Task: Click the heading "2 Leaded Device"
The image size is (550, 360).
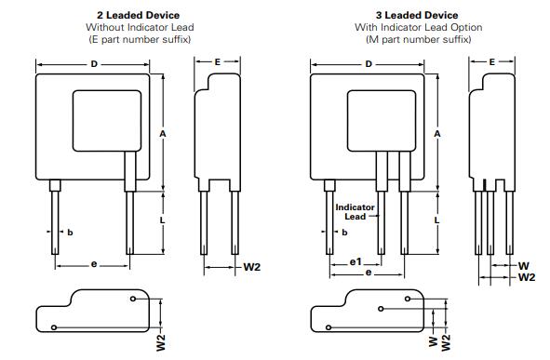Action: (x=139, y=16)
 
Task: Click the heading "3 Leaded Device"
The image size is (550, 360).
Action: (x=417, y=16)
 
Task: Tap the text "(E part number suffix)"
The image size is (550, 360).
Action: (x=140, y=39)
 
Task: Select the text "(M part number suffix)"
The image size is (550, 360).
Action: (x=418, y=39)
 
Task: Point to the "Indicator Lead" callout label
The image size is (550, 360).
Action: (x=355, y=212)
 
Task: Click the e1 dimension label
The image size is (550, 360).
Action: (x=355, y=261)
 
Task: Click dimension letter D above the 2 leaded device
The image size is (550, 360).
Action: (x=94, y=64)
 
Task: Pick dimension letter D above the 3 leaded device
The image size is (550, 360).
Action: (x=369, y=64)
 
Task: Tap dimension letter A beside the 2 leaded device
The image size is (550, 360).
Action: (x=163, y=134)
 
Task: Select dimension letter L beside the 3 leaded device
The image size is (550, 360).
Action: (x=436, y=220)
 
